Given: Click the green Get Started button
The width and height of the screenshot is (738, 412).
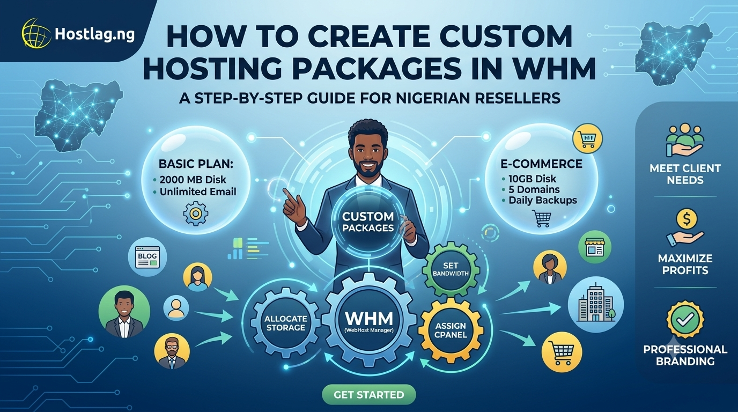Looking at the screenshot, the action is [x=368, y=394].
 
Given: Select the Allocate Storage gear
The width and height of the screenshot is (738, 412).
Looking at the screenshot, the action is [x=285, y=323].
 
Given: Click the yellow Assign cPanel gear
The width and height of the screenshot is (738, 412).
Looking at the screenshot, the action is [x=451, y=330].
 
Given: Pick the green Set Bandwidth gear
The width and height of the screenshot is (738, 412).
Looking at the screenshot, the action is [x=451, y=269].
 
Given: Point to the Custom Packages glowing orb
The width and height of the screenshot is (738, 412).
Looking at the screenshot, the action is [x=368, y=222].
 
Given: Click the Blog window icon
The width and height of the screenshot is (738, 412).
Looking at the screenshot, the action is [x=147, y=257].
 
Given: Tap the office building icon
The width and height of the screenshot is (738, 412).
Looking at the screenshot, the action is [x=596, y=304].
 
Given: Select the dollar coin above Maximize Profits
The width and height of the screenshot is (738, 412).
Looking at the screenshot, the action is [x=687, y=218].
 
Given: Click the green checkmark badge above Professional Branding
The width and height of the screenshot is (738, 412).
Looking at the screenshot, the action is [x=685, y=319].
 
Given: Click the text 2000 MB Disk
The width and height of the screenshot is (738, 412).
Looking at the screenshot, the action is [x=193, y=180].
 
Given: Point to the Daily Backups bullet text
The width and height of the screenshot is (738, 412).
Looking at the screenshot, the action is [x=543, y=200].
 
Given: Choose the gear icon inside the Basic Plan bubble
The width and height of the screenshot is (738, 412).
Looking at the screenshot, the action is [x=196, y=214].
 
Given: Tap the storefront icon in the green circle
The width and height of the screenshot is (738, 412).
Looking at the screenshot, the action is [x=595, y=247].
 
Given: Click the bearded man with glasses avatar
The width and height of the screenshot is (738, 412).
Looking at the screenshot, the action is [x=172, y=352].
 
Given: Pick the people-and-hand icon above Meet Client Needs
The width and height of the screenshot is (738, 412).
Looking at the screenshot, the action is [x=685, y=141].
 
